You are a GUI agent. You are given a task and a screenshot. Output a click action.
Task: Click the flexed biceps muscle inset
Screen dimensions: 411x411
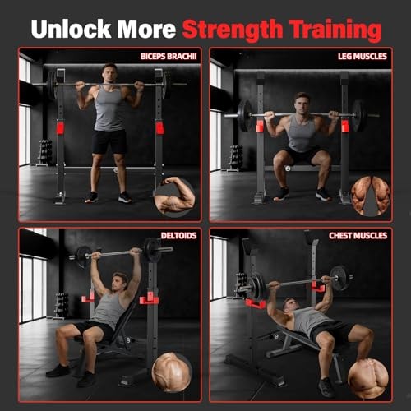coord(175,195)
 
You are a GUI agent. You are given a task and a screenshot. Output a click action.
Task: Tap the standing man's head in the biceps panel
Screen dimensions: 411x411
coord(109,73)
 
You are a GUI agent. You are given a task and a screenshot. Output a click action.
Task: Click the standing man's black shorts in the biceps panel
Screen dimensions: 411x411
coord(109,141)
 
